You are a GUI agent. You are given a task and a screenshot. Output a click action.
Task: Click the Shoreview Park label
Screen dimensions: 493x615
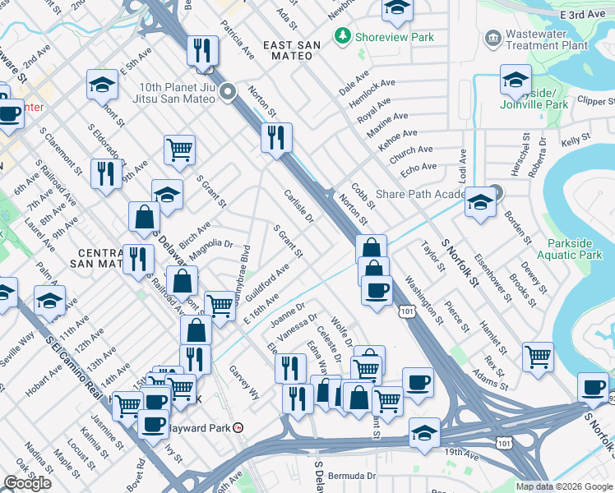(382, 37)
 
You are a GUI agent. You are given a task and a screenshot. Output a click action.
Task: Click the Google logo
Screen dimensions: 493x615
(27, 483)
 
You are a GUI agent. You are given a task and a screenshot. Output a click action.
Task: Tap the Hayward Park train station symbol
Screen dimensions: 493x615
(238, 428)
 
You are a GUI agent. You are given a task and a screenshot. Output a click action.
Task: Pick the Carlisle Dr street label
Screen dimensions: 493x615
(298, 205)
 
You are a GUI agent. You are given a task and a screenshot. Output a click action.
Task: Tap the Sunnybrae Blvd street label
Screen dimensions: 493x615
(240, 283)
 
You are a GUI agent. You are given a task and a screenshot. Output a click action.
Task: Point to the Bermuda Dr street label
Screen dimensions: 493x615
(354, 476)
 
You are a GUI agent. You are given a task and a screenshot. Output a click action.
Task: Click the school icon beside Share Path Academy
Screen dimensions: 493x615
(479, 202)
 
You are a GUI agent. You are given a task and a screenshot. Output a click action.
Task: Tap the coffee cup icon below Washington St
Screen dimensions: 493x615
(377, 290)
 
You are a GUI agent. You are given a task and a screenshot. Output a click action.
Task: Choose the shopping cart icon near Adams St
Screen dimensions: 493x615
(538, 357)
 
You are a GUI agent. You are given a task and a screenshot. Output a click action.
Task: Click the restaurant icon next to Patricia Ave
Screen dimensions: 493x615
(201, 50)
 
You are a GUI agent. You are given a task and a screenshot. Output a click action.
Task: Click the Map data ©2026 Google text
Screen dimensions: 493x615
(563, 486)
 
